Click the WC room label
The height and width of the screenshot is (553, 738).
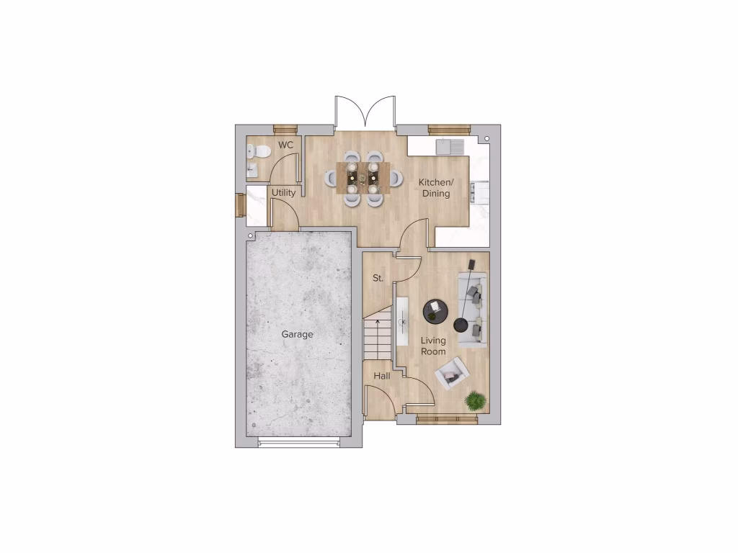pos(286,145)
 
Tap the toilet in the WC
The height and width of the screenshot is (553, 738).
pos(259,151)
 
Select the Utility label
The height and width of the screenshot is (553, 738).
pos(284,193)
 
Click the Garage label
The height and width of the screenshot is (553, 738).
pos(297,335)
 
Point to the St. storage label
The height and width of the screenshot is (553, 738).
pos(377,278)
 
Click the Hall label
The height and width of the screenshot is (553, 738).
pos(381,376)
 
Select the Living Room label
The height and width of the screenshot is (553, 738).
pos(433,346)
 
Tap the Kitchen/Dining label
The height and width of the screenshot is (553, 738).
pos(436,188)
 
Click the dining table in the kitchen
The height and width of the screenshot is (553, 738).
pos(363,176)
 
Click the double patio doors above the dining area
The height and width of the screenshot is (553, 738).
pos(365,113)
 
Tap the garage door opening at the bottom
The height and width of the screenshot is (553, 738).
pos(300,441)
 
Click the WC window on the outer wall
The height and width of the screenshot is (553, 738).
pos(285,130)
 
